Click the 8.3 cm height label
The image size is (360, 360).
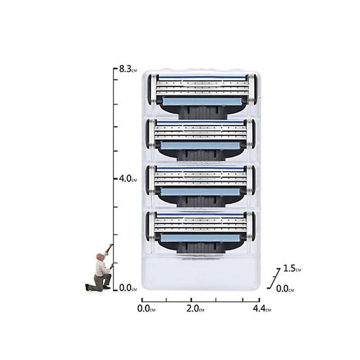point(128,69)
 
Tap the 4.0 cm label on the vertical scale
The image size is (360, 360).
point(128,179)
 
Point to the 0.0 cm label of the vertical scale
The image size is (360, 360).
point(128,288)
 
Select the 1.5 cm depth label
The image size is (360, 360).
point(292,268)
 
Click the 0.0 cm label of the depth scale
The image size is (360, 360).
point(285,289)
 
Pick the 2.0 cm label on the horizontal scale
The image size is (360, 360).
point(195,309)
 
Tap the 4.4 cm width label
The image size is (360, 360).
point(262,309)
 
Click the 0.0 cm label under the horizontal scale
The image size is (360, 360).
point(146,309)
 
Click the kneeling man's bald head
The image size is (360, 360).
point(100,256)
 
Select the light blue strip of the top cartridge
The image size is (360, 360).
point(202,101)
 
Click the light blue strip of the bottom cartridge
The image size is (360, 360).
point(200,238)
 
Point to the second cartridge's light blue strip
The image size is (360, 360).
point(200,146)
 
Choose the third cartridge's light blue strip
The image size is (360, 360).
point(200,192)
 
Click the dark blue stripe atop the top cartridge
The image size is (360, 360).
point(202,78)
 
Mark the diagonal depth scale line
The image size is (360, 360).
point(274,278)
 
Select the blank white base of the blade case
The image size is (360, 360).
point(201,273)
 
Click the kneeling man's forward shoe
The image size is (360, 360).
point(107,287)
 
